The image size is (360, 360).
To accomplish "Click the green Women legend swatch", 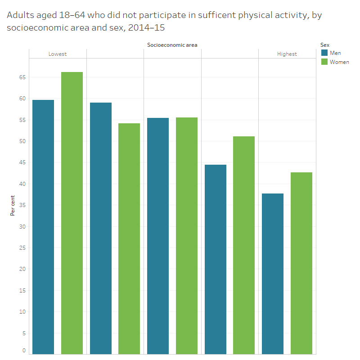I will (324, 62).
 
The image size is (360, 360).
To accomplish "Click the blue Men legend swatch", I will (324, 53).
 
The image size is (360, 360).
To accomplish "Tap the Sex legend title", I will (324, 45).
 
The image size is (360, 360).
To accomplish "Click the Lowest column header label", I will (58, 54).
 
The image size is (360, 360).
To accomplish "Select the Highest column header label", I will (287, 54).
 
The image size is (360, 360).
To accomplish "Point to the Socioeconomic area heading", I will (172, 45).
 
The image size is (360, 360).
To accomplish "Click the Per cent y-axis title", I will (13, 205).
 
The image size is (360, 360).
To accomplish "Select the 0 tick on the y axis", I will (24, 351).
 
